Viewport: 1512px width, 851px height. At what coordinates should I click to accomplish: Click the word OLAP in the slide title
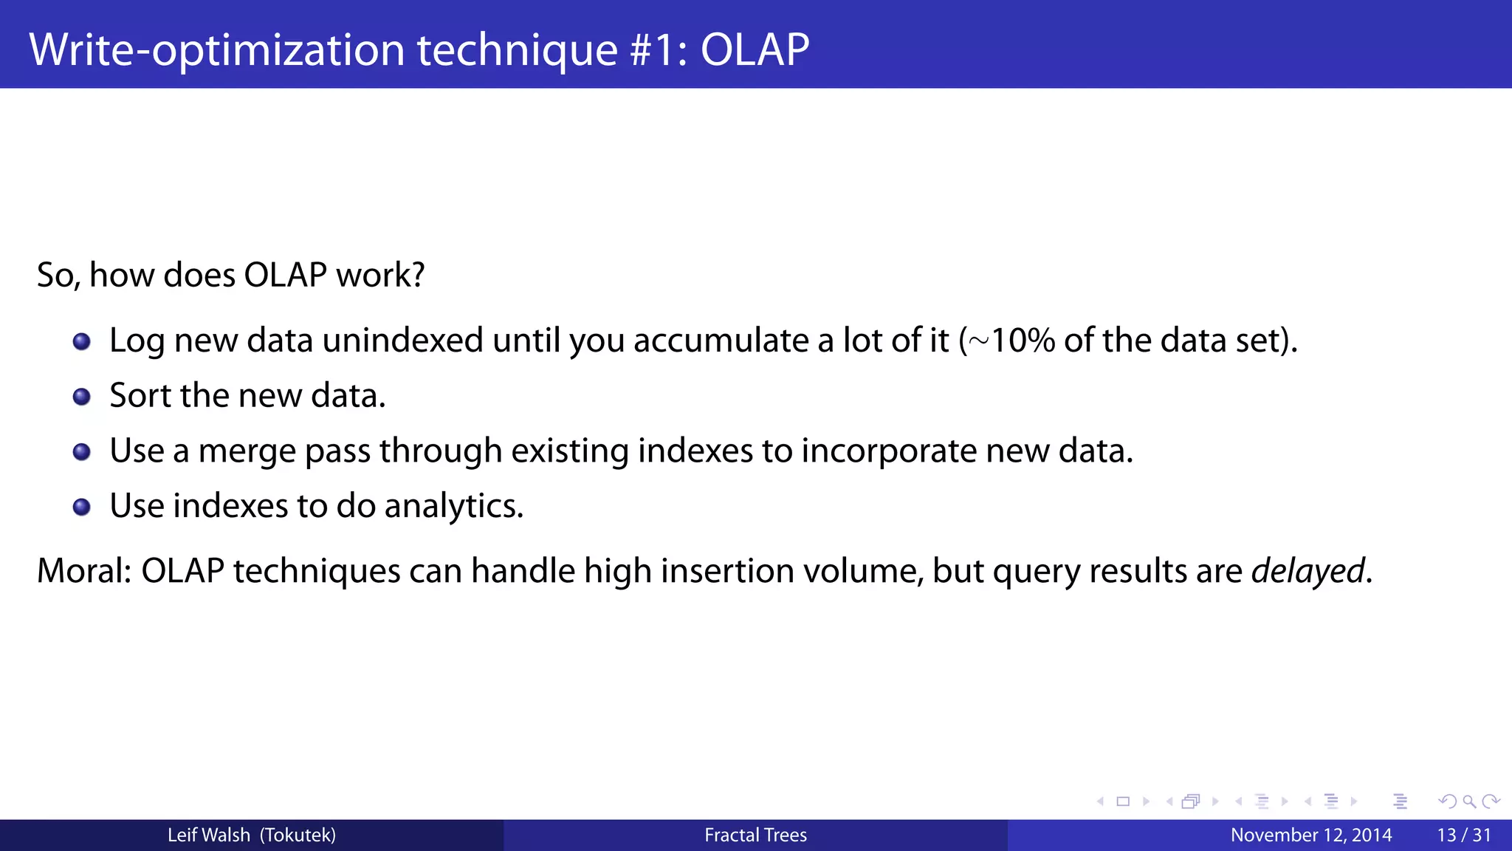pyautogui.click(x=755, y=49)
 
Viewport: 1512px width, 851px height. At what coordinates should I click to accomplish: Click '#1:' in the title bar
pyautogui.click(x=659, y=49)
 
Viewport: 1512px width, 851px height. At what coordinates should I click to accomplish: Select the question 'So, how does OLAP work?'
pyautogui.click(x=231, y=275)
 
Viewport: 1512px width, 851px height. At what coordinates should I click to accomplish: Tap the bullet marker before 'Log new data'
pyautogui.click(x=82, y=341)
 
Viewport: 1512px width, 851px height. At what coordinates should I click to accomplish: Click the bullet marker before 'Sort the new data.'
pyautogui.click(x=82, y=397)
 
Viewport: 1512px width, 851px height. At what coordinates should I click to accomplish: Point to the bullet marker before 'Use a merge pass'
pyautogui.click(x=82, y=451)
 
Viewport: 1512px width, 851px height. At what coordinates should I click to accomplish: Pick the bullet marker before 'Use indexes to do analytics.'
pyautogui.click(x=82, y=507)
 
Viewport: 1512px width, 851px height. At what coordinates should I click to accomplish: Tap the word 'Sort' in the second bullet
pyautogui.click(x=140, y=395)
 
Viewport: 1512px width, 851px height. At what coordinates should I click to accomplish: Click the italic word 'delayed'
pyautogui.click(x=1307, y=571)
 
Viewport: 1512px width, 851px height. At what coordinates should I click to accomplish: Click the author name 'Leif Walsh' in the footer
pyautogui.click(x=208, y=835)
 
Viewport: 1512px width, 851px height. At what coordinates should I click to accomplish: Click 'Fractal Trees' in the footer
pyautogui.click(x=755, y=835)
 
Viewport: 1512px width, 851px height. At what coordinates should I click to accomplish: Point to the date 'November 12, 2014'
pyautogui.click(x=1310, y=835)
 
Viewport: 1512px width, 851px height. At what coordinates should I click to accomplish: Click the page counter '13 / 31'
pyautogui.click(x=1463, y=835)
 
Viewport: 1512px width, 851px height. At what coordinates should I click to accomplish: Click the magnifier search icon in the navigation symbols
pyautogui.click(x=1468, y=802)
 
